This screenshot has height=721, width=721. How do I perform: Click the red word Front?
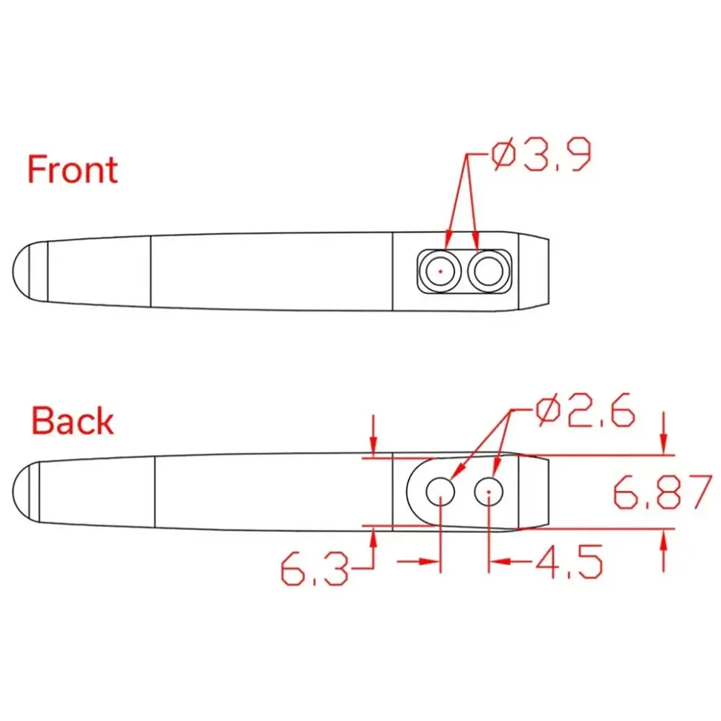tap(73, 169)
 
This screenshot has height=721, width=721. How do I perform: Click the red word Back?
tap(72, 420)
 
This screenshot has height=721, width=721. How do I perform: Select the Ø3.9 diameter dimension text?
tap(541, 154)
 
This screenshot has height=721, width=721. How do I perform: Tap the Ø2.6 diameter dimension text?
tap(585, 410)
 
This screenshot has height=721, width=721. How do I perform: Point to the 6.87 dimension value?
tap(663, 492)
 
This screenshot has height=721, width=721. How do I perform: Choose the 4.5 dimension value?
tap(570, 562)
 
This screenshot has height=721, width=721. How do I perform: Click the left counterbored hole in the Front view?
tap(441, 271)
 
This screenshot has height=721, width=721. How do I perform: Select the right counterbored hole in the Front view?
tap(488, 271)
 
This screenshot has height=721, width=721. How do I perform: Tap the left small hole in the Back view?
tap(441, 492)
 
